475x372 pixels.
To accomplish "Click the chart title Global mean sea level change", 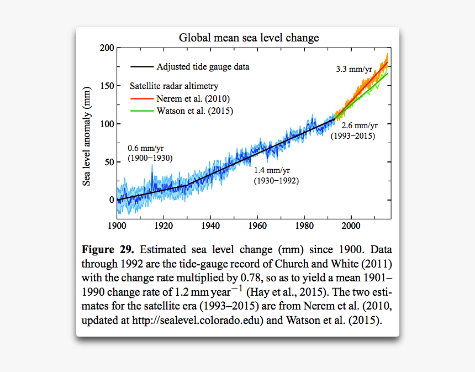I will coord(249,38).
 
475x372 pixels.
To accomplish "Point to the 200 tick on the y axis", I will coord(107,48).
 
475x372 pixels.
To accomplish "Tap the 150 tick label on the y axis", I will coord(107,86).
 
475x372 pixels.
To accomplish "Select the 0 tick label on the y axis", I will coord(111,200).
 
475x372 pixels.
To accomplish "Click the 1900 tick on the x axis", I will coord(117,226).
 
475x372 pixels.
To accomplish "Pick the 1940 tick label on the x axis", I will coord(210,226).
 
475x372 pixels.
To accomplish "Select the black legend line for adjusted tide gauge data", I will coord(141,67).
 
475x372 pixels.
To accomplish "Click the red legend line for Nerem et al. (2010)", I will coord(141,98).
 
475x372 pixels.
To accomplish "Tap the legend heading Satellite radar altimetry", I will coord(174,86).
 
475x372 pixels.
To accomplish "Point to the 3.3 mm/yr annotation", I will coord(354,70).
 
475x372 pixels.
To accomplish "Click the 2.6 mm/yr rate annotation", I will coord(359,126).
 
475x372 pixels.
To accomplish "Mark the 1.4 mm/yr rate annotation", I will coord(272,171).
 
